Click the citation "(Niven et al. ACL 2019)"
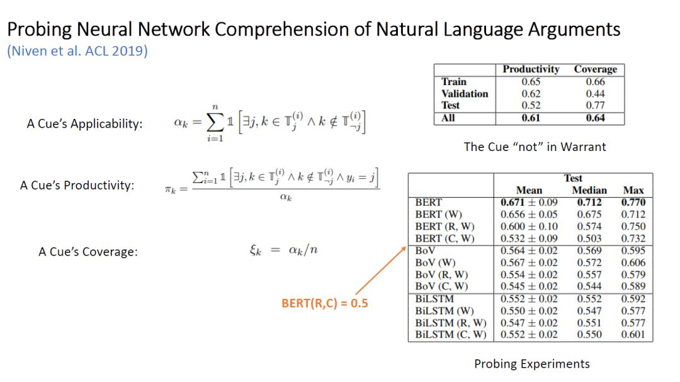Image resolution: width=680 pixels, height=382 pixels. point(77,51)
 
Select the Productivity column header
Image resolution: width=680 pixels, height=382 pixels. point(531,69)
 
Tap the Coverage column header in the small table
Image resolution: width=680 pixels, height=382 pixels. point(595,69)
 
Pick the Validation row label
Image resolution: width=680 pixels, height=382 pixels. point(465,94)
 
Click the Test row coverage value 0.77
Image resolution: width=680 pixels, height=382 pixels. point(595,106)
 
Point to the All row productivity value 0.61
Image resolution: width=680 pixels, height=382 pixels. point(531,118)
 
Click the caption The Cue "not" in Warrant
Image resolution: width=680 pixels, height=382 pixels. point(535,147)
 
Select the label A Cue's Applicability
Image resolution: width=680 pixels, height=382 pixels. point(85,123)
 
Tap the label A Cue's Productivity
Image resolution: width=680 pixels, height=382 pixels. point(77,186)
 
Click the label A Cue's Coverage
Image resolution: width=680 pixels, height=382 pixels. point(88,252)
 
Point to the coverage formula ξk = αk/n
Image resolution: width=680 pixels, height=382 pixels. point(280,250)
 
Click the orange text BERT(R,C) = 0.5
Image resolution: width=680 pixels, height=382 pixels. point(324,303)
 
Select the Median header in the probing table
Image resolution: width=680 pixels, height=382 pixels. point(589,190)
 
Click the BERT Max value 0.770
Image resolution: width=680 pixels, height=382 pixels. point(633,203)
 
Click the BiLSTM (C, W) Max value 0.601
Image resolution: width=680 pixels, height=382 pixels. point(633,335)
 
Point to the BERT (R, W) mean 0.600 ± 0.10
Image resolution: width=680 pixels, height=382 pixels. point(529,227)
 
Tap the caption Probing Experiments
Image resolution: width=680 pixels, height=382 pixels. point(531,364)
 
